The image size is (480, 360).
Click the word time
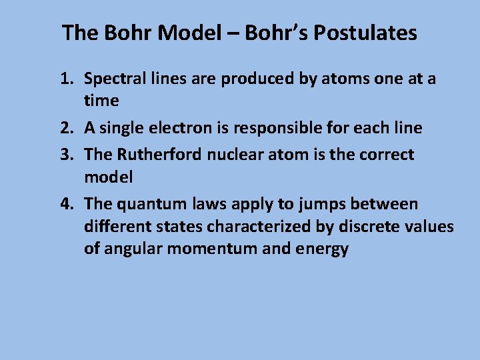coord(101,101)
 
